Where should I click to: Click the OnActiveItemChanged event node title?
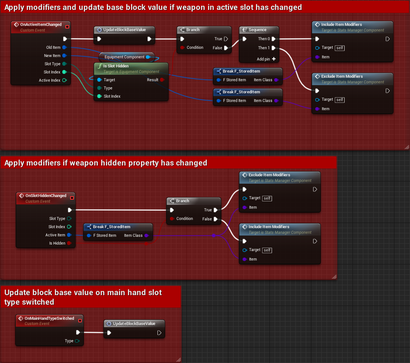pyautogui.click(x=41, y=25)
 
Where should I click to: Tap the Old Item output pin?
pyautogui.click(x=64, y=48)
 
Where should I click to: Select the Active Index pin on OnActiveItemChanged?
pyautogui.click(x=64, y=80)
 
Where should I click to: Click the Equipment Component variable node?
pyautogui.click(x=125, y=57)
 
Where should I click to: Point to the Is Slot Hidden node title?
pyautogui.click(x=115, y=66)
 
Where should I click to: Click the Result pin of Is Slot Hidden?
pyautogui.click(x=162, y=80)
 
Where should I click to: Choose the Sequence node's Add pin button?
pyautogui.click(x=273, y=59)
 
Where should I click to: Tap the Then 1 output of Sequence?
pyautogui.click(x=273, y=48)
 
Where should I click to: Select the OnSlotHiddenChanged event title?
pyautogui.click(x=45, y=196)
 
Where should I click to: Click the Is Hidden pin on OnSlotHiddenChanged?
pyautogui.click(x=69, y=243)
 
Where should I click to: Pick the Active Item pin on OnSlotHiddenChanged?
pyautogui.click(x=69, y=235)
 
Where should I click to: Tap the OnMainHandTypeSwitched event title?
pyautogui.click(x=49, y=318)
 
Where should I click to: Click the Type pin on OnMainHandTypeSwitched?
pyautogui.click(x=77, y=341)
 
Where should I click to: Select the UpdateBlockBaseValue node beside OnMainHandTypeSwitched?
pyautogui.click(x=134, y=324)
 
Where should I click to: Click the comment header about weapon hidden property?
pyautogui.click(x=106, y=163)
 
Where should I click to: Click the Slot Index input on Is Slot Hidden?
pyautogui.click(x=99, y=96)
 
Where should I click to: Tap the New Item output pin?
pyautogui.click(x=64, y=56)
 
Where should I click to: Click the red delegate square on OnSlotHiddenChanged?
pyautogui.click(x=72, y=197)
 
